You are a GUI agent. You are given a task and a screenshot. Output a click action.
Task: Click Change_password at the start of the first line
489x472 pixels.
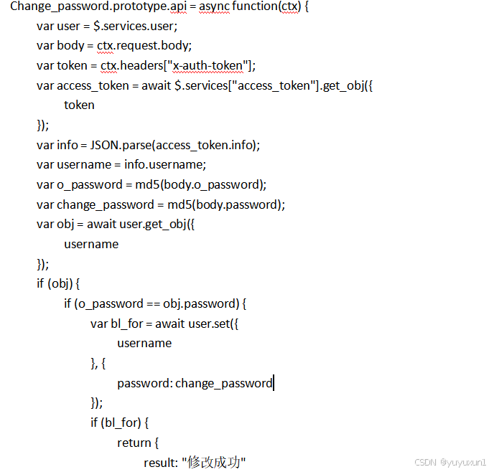coord(52,7)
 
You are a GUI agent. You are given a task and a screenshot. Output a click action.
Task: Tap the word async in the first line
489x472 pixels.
coord(214,7)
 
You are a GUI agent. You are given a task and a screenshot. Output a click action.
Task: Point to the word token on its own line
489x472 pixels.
coord(79,105)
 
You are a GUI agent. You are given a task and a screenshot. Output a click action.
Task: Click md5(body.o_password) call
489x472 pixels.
coord(201,184)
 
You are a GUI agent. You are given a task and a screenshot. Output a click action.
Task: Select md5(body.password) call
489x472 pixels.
coord(220,204)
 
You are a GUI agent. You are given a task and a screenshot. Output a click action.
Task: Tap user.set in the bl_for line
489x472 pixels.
coord(210,324)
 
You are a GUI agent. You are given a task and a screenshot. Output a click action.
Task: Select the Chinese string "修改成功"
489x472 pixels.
coord(214,463)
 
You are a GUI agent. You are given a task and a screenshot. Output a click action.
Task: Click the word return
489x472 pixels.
coord(134,443)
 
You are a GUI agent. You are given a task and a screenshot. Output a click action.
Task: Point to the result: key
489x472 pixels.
coord(161,463)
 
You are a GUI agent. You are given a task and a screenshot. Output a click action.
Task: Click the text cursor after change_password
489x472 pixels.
coord(274,383)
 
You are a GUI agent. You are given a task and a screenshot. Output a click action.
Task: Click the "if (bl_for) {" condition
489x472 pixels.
coord(119,423)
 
